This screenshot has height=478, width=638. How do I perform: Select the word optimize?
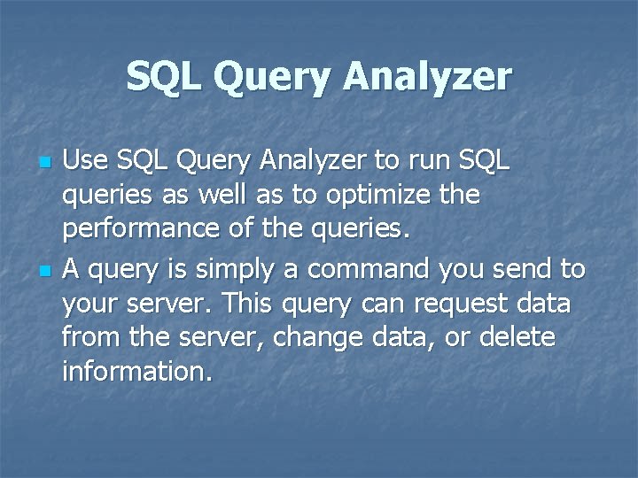point(382,195)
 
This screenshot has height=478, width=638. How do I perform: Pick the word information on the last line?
point(137,372)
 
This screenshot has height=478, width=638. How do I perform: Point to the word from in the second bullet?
point(85,337)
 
